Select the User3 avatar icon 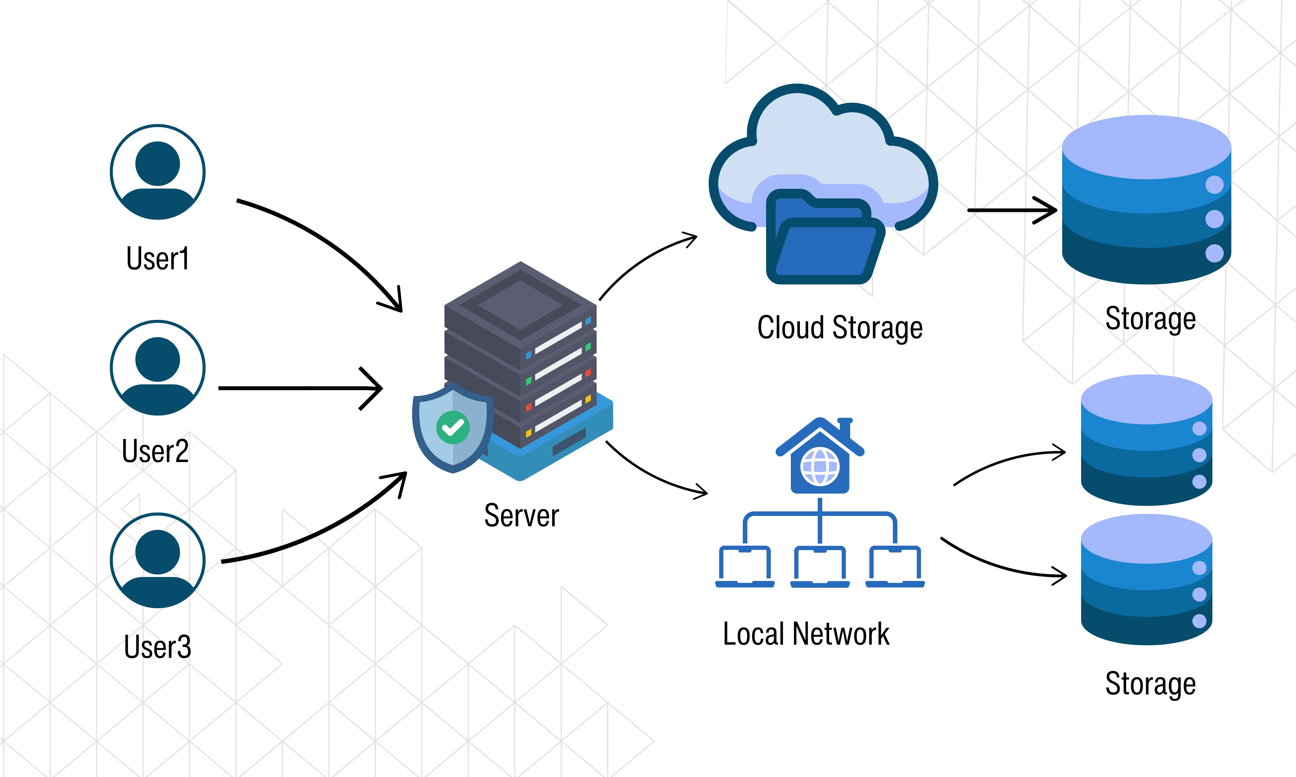[158, 560]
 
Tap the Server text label [521, 516]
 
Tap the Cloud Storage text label [840, 328]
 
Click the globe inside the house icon [820, 466]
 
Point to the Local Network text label [806, 634]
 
